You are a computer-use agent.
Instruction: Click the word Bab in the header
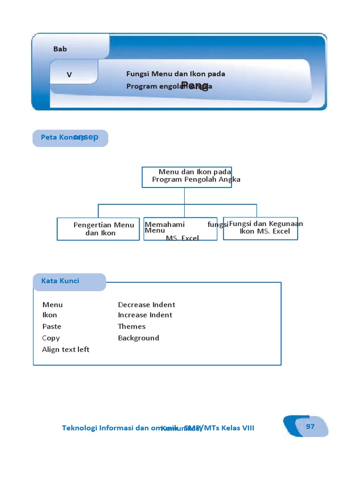[x=60, y=49]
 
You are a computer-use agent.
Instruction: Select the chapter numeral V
[x=69, y=75]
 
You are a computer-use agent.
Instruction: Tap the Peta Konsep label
[x=70, y=137]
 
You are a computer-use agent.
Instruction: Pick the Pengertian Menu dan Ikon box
[x=98, y=229]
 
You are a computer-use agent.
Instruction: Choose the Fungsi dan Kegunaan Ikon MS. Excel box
[x=261, y=228]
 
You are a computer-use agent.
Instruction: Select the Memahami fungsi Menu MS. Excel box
[x=180, y=229]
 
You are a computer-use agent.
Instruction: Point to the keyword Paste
[x=52, y=326]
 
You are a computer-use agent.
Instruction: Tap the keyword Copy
[x=51, y=338]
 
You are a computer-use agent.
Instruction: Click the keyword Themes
[x=132, y=326]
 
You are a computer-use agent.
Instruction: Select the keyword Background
[x=138, y=338]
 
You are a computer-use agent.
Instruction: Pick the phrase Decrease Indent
[x=146, y=305]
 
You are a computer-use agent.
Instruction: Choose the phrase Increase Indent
[x=145, y=315]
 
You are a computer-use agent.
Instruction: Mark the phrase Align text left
[x=66, y=349]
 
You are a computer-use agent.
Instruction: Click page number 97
[x=310, y=426]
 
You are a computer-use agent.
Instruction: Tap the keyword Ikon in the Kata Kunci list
[x=50, y=315]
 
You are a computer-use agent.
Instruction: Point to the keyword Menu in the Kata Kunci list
[x=52, y=305]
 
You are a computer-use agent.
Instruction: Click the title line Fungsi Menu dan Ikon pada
[x=176, y=74]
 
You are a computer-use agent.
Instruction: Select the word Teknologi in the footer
[x=80, y=428]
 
